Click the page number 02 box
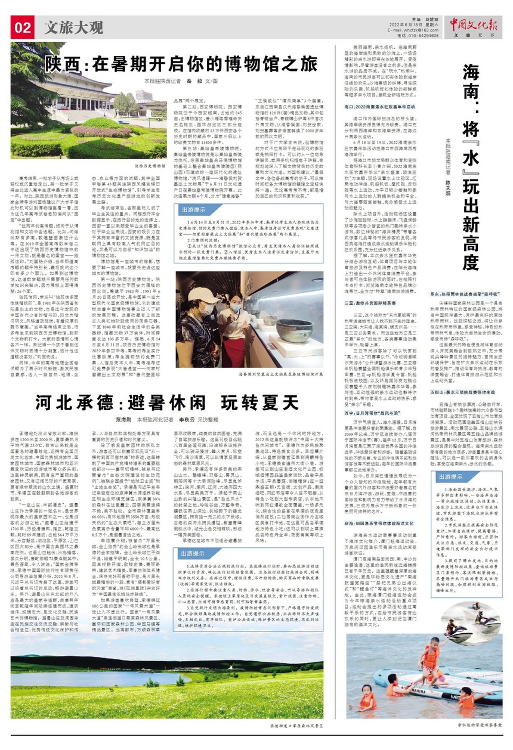[x=23, y=27]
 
